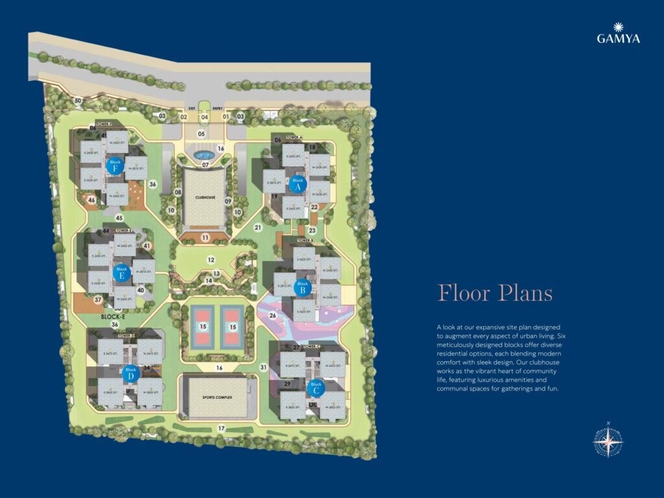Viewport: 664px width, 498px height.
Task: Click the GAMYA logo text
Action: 618,38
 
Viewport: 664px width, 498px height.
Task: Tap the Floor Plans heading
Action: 495,293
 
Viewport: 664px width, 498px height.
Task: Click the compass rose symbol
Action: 608,443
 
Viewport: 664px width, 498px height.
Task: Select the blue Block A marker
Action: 298,184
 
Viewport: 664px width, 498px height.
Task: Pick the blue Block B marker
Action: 302,287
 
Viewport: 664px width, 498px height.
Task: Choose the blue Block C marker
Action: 316,388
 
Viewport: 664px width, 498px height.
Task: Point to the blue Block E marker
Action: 121,272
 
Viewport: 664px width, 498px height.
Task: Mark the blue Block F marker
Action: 115,166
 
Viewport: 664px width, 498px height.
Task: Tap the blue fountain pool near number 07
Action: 204,156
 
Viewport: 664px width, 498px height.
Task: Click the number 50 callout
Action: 78,101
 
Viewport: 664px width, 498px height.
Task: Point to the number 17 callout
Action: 221,429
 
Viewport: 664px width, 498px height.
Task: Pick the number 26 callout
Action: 273,316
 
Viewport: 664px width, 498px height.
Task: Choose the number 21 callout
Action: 257,228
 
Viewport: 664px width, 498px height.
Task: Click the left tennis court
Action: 203,327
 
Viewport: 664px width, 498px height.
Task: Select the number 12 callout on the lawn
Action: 211,260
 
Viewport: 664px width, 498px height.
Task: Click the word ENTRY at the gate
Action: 217,109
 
